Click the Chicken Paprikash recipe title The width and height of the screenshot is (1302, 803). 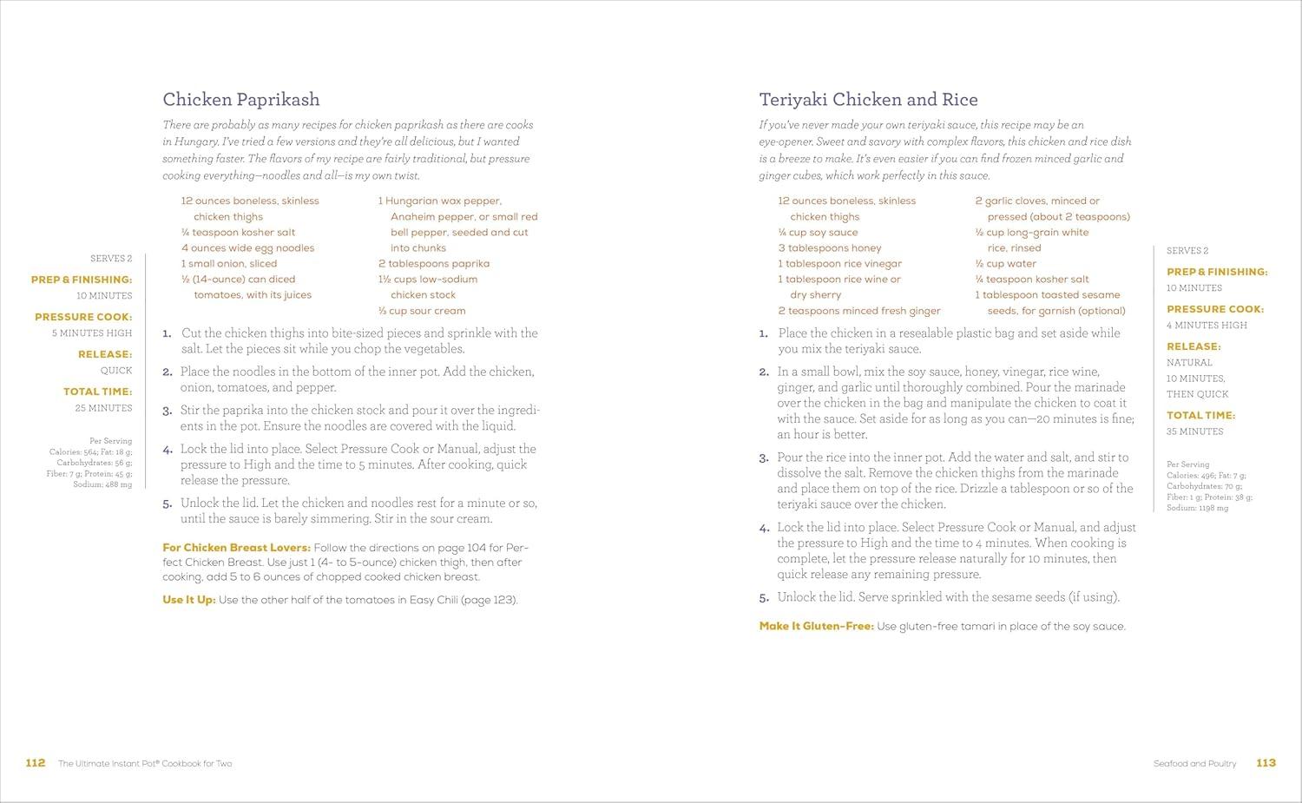click(x=241, y=100)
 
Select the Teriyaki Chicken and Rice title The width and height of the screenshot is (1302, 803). click(x=868, y=100)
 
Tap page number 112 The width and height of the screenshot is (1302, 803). click(x=35, y=763)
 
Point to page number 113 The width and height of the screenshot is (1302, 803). click(x=1266, y=763)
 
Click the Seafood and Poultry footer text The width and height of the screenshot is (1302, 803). click(x=1194, y=764)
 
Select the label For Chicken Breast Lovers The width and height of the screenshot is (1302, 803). click(x=236, y=548)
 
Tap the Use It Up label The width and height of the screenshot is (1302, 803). click(x=188, y=600)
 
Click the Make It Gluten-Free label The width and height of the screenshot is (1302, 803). click(x=816, y=626)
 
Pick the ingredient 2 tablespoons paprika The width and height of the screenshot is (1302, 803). click(x=433, y=264)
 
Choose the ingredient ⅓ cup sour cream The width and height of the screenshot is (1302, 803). click(x=422, y=311)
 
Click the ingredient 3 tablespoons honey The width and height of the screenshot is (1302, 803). click(x=829, y=248)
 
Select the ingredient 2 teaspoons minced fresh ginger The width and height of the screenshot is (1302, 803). click(x=858, y=311)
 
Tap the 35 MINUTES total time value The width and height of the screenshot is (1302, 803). click(x=1194, y=431)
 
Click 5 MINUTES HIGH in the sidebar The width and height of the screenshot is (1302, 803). click(x=92, y=333)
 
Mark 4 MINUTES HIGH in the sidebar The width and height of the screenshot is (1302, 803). click(x=1207, y=326)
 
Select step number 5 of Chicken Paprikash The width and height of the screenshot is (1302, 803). click(x=167, y=504)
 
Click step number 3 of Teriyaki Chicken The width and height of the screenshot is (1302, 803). click(x=764, y=458)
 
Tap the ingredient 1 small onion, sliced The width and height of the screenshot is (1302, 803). click(x=229, y=264)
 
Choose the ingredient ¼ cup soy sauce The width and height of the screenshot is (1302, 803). click(x=818, y=233)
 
